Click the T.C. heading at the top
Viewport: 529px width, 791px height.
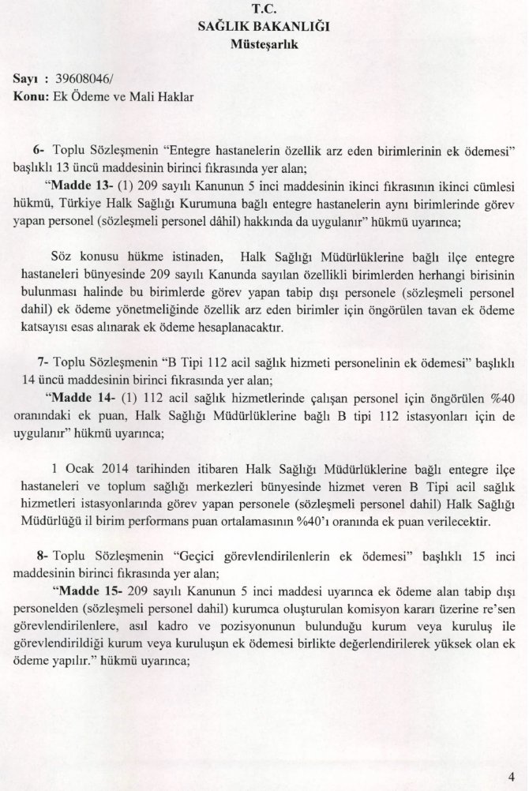[264, 10]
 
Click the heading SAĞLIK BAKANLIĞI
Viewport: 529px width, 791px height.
[264, 27]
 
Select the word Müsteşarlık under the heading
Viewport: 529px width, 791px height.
[264, 43]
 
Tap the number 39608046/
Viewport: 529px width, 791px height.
[84, 80]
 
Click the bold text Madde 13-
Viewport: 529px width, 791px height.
[80, 186]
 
